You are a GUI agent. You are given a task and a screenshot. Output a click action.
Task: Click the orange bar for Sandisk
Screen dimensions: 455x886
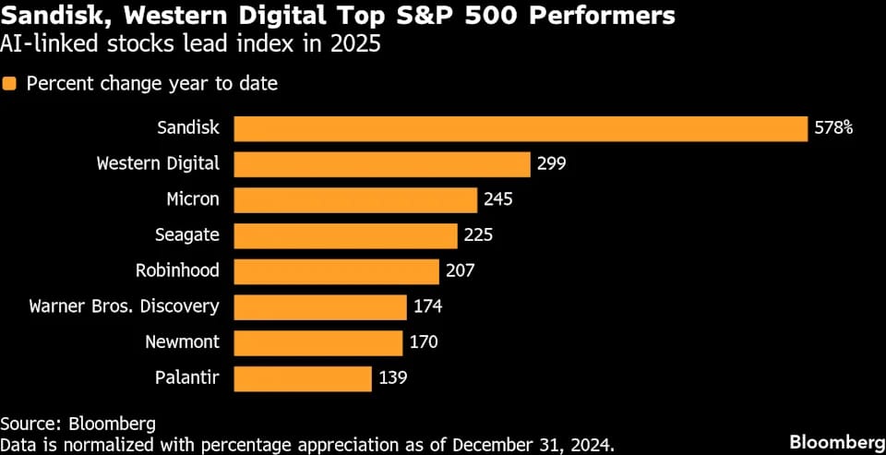(x=521, y=128)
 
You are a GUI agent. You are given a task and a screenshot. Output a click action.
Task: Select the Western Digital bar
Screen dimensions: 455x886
(x=382, y=164)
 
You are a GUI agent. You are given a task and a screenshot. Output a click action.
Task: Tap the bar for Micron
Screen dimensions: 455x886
(x=355, y=199)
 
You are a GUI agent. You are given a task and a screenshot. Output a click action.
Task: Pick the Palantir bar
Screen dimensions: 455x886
(x=303, y=377)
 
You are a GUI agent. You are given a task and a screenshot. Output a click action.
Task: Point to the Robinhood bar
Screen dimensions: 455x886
(x=336, y=271)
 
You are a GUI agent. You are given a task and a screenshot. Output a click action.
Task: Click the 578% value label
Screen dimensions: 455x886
(x=833, y=128)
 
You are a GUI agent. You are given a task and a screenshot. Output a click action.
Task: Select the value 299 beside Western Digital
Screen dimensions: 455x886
(x=551, y=164)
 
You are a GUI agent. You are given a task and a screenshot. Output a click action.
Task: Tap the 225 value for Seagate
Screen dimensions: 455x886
(x=478, y=235)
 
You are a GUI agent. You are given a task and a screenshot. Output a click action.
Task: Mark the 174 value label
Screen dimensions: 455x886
(x=428, y=306)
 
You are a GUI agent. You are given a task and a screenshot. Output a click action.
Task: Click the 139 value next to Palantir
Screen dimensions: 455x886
(x=392, y=377)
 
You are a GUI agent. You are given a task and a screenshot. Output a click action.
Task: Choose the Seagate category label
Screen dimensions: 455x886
(x=187, y=235)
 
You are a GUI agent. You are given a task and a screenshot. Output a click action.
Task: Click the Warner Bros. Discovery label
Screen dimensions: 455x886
(x=124, y=306)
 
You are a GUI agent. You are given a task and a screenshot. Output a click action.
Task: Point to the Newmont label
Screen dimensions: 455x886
(x=182, y=342)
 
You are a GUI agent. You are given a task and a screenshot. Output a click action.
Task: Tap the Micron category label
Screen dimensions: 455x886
(x=193, y=199)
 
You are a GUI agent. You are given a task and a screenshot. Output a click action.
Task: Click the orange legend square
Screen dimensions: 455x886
(x=10, y=84)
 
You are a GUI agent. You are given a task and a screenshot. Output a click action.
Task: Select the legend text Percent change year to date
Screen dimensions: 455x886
(x=152, y=84)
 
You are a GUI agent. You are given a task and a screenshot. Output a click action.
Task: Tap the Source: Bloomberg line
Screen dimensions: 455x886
(x=78, y=424)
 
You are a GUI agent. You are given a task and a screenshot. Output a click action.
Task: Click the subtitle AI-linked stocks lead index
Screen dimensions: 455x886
(x=190, y=44)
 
